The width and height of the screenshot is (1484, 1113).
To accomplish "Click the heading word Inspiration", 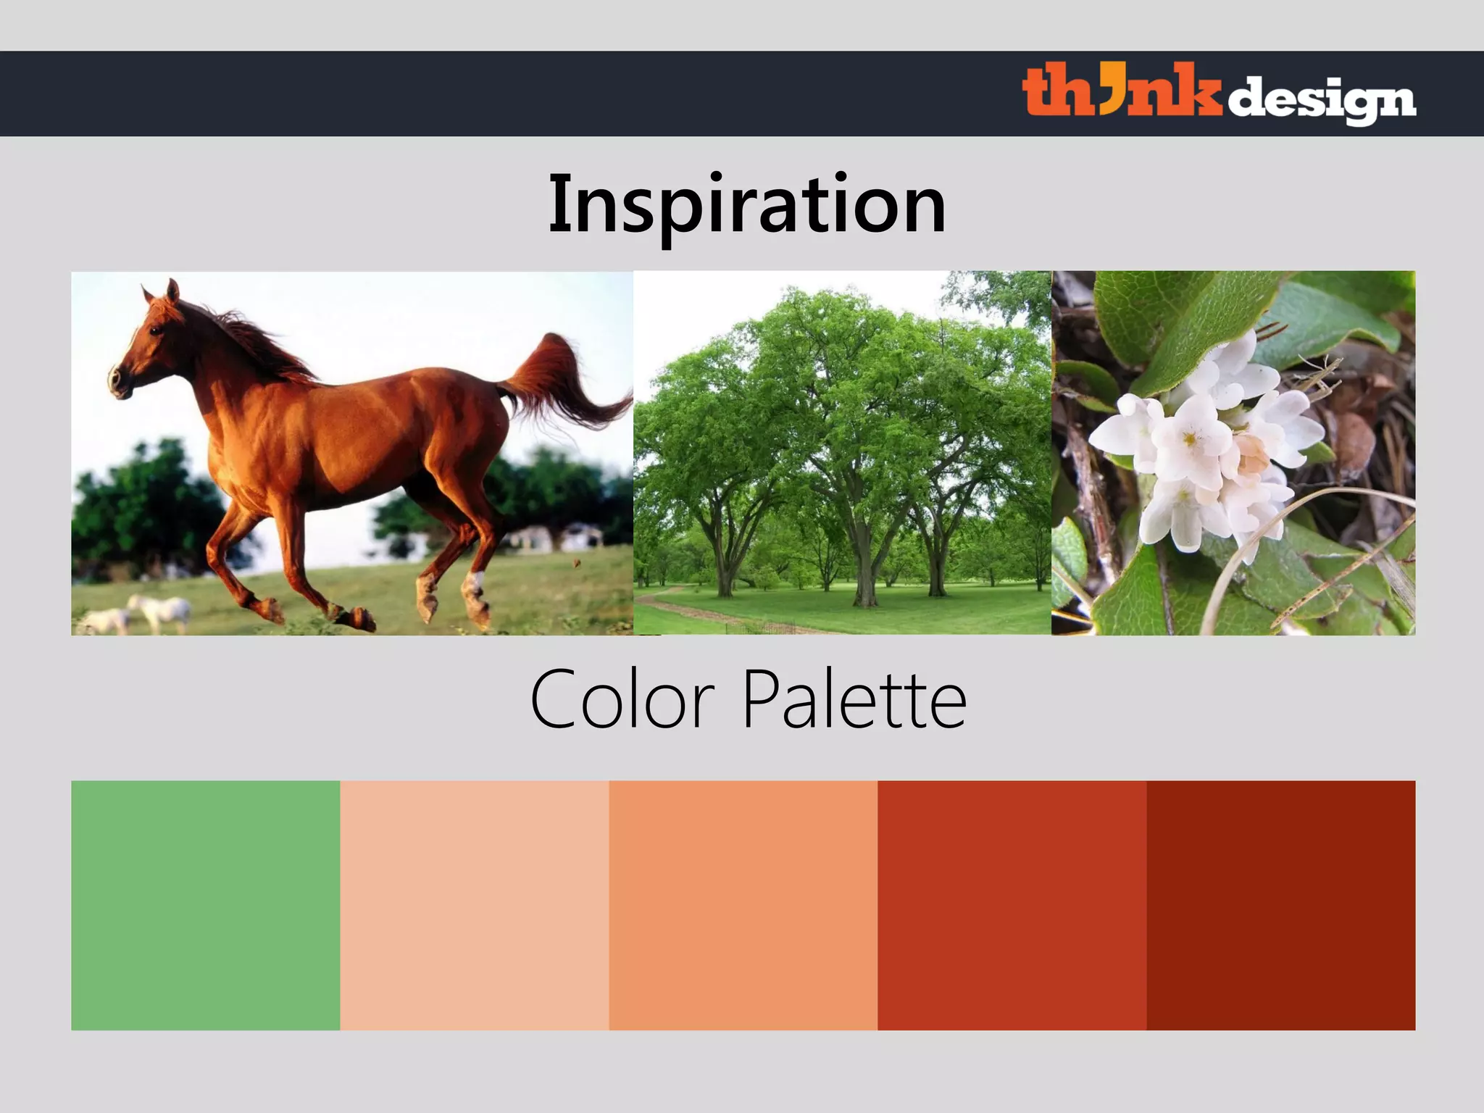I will [746, 205].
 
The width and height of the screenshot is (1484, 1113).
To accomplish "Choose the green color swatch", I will [205, 905].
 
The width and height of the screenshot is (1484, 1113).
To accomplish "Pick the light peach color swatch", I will [474, 905].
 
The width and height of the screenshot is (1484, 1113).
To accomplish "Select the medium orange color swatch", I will [743, 905].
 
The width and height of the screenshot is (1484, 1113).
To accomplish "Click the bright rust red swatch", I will [1012, 905].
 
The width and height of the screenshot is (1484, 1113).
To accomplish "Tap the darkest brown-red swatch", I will [1280, 905].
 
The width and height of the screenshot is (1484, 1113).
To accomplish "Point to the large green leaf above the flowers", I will [1188, 319].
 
